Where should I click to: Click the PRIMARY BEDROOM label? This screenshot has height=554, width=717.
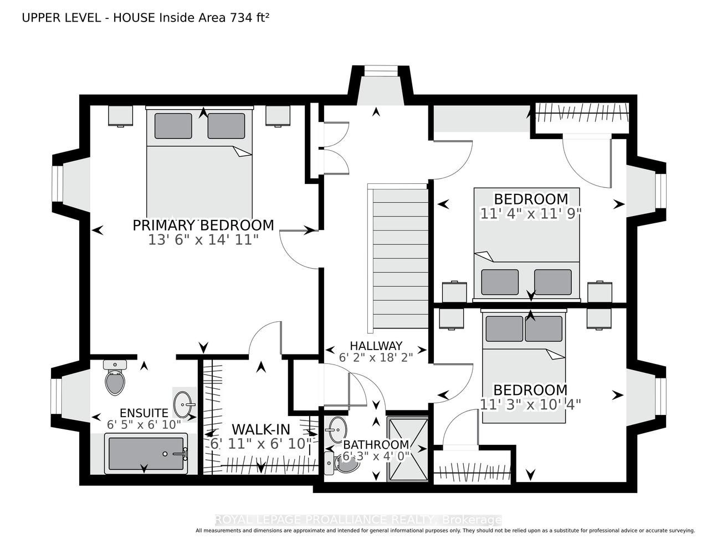tap(203, 225)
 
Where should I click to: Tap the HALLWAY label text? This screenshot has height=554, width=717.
tap(376, 346)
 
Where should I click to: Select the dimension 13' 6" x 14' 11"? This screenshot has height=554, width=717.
tap(203, 240)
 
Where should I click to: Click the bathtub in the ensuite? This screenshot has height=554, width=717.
tap(146, 453)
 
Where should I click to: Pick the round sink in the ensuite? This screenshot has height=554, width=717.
tap(183, 404)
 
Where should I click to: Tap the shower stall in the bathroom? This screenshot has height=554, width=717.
tap(407, 450)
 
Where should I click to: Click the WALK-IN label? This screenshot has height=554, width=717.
tap(260, 429)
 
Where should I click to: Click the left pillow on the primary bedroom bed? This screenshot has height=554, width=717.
tap(173, 126)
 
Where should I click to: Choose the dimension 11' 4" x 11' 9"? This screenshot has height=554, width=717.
tap(530, 214)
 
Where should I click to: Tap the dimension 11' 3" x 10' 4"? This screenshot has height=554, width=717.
tap(530, 404)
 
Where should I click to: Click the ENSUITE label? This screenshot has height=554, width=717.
tap(144, 413)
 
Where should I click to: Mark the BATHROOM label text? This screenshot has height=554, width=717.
tap(376, 445)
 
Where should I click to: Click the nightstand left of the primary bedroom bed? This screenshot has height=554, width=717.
tap(120, 115)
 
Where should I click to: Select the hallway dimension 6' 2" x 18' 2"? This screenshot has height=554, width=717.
tap(376, 357)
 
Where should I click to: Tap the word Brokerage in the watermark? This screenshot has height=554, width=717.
tap(472, 520)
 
